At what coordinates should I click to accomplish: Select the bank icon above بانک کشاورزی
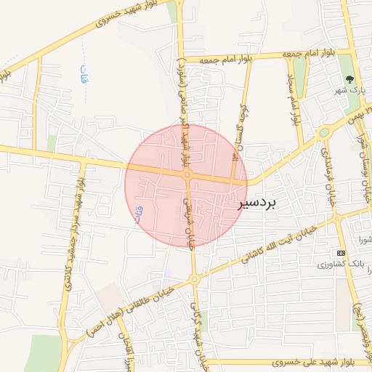coord(341,252)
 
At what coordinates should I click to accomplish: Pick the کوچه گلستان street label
coord(238,131)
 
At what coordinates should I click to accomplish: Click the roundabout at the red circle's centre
coord(187,175)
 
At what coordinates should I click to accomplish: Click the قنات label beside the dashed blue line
coord(82,73)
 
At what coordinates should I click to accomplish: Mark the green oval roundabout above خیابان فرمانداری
coord(323,133)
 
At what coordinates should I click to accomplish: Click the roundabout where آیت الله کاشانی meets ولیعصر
coord(336,217)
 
